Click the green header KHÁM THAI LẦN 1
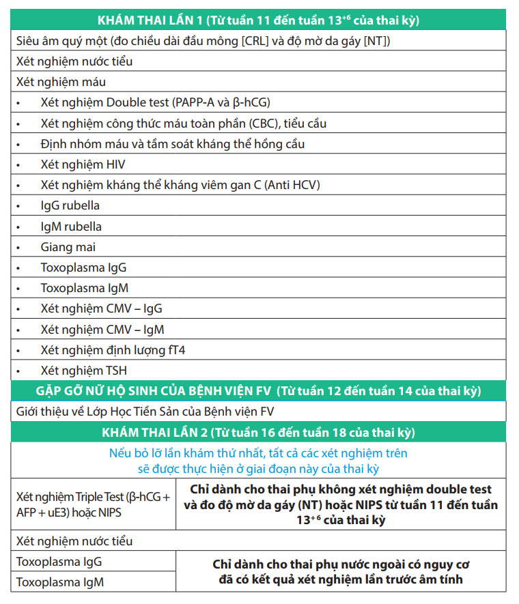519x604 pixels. [259, 20]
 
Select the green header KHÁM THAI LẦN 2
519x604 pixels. [259, 433]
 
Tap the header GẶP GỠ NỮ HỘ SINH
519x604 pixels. [259, 391]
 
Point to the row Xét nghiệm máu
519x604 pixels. [61, 82]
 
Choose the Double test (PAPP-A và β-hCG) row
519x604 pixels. [156, 102]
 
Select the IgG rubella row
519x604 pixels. [70, 205]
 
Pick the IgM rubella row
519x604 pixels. [71, 227]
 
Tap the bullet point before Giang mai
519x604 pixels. [20, 247]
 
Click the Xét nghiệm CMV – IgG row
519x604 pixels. [102, 308]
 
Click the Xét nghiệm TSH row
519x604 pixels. [84, 371]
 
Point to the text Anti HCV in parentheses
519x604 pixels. [294, 185]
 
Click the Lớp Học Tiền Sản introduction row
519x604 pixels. [145, 412]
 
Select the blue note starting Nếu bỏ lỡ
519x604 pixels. [259, 461]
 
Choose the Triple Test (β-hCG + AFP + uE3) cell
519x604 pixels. [93, 505]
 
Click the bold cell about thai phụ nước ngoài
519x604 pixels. [341, 572]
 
